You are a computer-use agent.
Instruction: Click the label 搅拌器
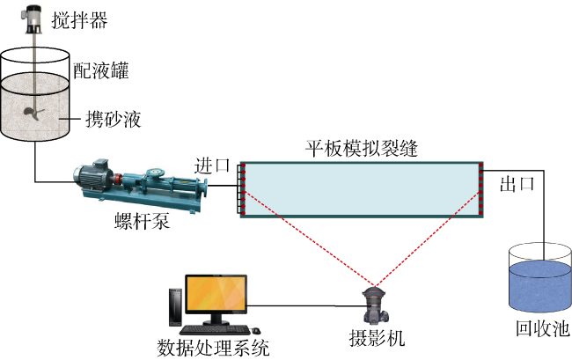[79, 20]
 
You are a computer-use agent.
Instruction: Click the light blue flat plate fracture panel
[361, 188]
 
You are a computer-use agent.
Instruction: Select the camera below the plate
[377, 305]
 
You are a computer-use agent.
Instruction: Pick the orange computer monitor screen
[216, 298]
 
